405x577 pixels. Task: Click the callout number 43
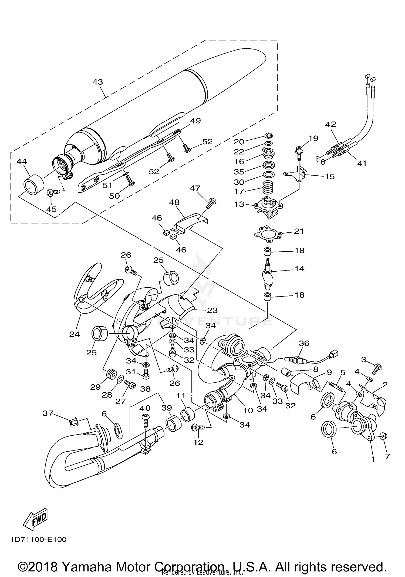97,82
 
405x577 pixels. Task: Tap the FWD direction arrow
35,520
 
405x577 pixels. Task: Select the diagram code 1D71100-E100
39,539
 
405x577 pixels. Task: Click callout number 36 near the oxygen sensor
304,343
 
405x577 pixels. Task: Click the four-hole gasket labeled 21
269,233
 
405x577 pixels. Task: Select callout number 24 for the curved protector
75,334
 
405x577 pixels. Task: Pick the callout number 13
239,204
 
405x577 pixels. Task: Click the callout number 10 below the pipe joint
248,410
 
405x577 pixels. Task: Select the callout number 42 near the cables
330,124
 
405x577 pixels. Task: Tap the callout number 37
48,413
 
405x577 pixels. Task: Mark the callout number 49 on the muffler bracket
195,121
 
